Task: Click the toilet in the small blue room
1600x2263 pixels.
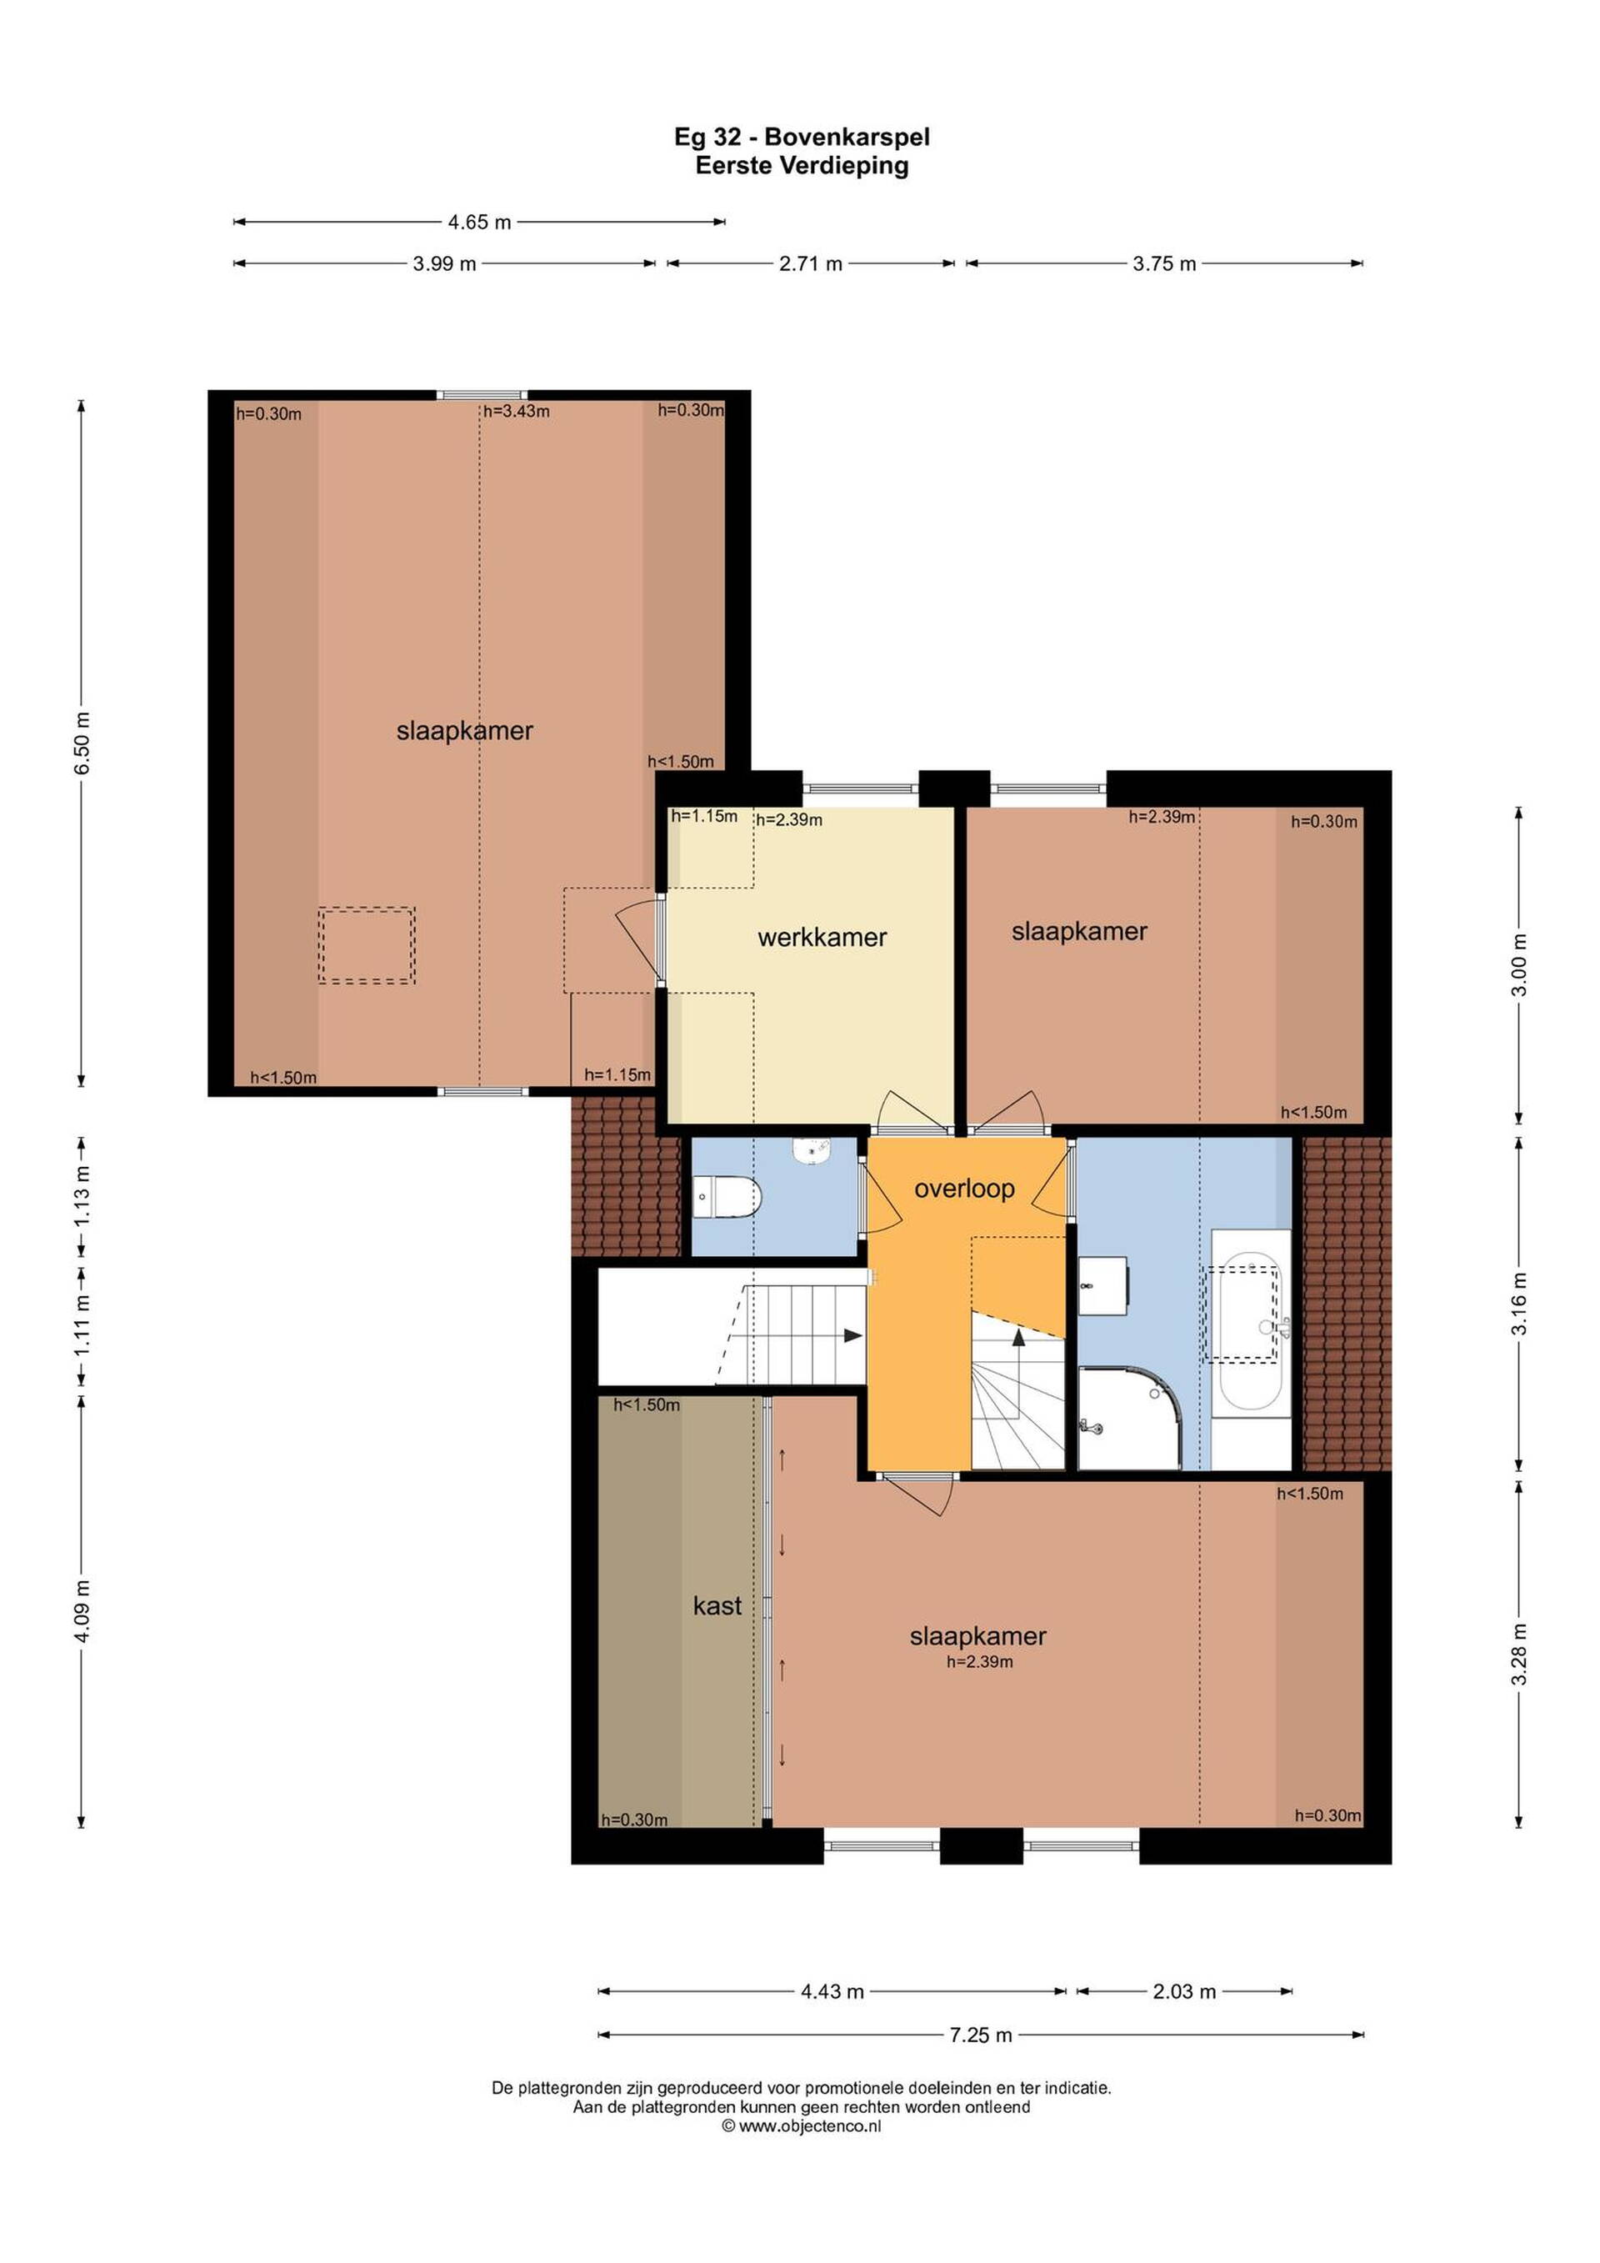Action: click(728, 1197)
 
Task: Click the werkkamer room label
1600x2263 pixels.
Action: click(822, 938)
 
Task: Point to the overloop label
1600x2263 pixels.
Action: click(963, 1189)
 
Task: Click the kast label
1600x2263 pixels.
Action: click(717, 1605)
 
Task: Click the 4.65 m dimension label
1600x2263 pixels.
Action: click(480, 223)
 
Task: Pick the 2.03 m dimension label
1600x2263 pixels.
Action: click(1184, 1991)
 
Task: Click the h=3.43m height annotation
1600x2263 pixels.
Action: click(517, 411)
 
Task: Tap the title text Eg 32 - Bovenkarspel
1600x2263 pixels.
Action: click(801, 137)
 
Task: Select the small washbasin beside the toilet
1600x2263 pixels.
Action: click(812, 1149)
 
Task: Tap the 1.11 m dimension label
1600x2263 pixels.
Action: click(82, 1324)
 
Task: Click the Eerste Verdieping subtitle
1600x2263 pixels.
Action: click(801, 166)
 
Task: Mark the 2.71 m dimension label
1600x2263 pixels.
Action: click(811, 264)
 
